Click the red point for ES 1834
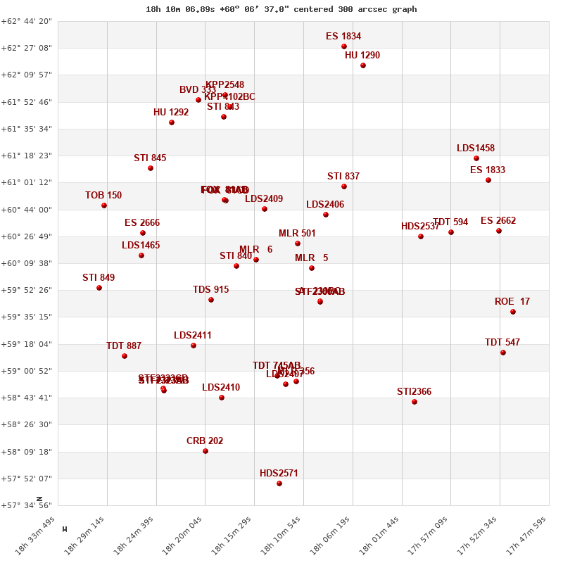[344, 46]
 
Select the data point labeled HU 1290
[363, 65]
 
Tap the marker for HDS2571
[279, 483]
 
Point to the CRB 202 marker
[205, 451]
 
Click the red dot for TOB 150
[104, 205]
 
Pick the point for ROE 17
[513, 312]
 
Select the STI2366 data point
[415, 402]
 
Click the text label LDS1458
[476, 148]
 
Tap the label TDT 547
[502, 343]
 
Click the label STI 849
[99, 278]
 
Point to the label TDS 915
[211, 290]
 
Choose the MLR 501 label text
[297, 234]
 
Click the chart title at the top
[281, 9]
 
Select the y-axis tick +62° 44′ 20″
[27, 21]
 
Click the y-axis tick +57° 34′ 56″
[27, 505]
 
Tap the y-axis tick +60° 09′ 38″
[27, 263]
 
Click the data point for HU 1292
[172, 122]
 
